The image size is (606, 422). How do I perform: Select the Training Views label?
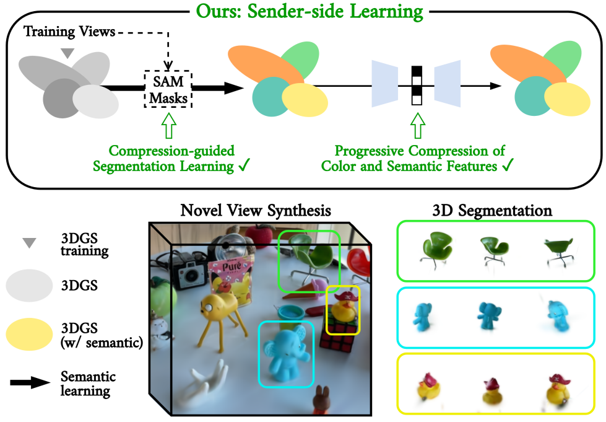point(69,32)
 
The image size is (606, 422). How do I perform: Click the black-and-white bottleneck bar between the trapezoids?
point(417,86)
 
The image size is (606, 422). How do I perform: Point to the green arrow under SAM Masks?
point(168,125)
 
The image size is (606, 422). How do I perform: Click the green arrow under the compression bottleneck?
point(417,125)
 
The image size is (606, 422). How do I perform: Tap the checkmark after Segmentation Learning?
point(245,165)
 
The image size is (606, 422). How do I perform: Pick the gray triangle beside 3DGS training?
point(29,242)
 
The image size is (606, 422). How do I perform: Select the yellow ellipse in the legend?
point(29,335)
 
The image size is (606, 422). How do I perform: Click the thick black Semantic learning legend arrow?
point(30,382)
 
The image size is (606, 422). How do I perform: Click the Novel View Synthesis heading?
point(256,211)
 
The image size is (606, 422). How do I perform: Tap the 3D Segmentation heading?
point(492,211)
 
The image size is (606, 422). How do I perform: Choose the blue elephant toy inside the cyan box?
point(286,353)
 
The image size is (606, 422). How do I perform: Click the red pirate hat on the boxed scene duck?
point(346,297)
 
